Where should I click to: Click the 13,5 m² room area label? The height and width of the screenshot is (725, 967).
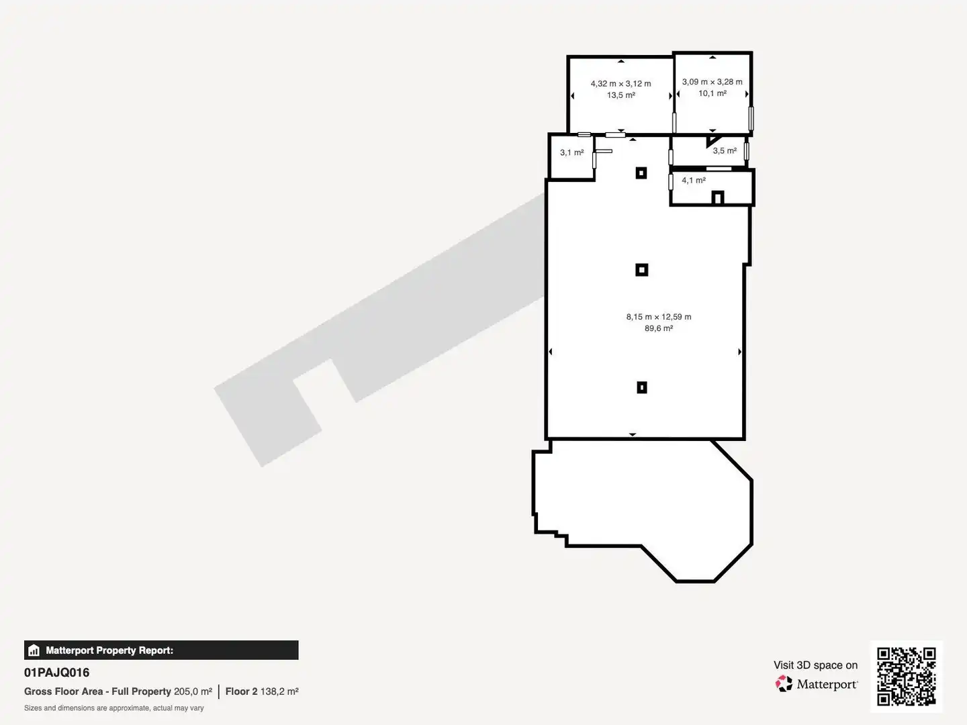tap(620, 95)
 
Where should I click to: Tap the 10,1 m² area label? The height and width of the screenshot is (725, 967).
tap(712, 93)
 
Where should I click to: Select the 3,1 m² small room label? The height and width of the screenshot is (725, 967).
tap(572, 152)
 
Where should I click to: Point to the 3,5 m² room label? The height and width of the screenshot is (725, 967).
tap(725, 150)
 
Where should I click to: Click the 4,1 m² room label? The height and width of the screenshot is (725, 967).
tap(694, 180)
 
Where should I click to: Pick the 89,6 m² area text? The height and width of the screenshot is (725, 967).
tap(659, 328)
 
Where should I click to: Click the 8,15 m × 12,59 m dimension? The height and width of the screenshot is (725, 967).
tap(659, 317)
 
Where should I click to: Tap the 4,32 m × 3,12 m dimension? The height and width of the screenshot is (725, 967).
tap(620, 84)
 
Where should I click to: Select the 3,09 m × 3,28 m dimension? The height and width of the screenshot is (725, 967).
tap(712, 82)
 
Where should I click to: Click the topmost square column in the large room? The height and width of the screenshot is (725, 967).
tap(641, 173)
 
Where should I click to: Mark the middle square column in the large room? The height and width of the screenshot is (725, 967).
tap(642, 270)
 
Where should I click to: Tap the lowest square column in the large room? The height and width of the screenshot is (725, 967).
tap(642, 387)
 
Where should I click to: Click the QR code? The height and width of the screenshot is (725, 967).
tap(906, 677)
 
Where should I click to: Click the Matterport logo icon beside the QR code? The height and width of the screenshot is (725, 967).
tap(784, 683)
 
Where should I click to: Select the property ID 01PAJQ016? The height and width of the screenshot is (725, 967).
tap(57, 673)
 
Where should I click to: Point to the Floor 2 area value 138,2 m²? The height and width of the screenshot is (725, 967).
tap(279, 691)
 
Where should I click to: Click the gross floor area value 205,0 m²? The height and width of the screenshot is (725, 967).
tap(193, 691)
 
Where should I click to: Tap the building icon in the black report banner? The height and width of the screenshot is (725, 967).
tap(34, 650)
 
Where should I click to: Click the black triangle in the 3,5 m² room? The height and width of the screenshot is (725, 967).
tap(711, 140)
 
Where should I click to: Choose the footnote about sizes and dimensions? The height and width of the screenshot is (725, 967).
tap(113, 708)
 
